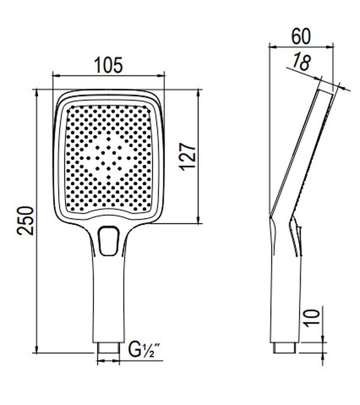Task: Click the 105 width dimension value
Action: click(x=108, y=65)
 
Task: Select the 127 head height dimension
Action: click(x=188, y=156)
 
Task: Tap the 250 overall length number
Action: click(x=25, y=220)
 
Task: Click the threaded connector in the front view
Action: click(x=109, y=347)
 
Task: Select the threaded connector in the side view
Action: click(x=285, y=347)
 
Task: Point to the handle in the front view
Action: click(x=108, y=300)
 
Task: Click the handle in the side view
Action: click(x=285, y=300)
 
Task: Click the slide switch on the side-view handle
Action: click(x=298, y=241)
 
